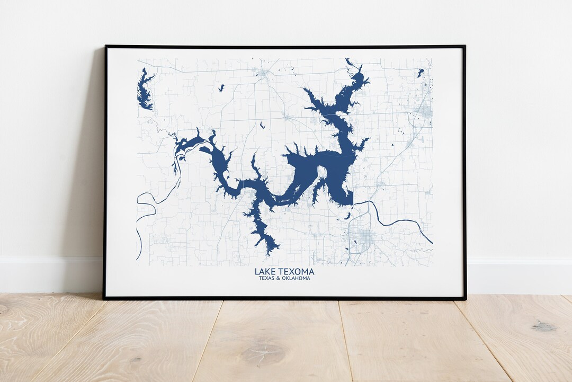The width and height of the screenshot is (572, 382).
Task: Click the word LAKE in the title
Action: click(x=264, y=272)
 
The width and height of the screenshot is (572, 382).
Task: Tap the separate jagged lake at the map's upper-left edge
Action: click(x=144, y=90)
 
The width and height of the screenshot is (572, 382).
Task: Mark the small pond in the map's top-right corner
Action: click(x=421, y=73)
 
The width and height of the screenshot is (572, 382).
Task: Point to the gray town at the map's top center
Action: click(x=262, y=74)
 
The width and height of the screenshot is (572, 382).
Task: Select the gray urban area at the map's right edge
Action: click(x=425, y=111)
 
